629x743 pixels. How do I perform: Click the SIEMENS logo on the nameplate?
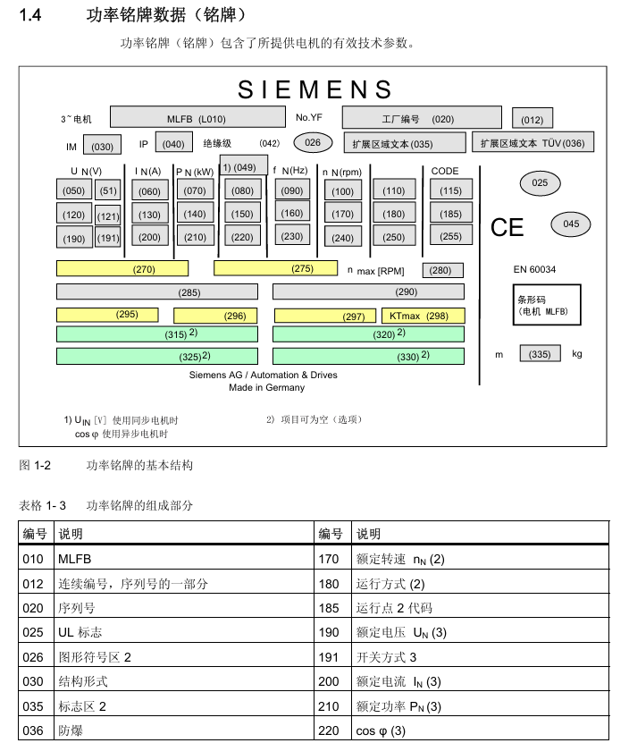(x=314, y=89)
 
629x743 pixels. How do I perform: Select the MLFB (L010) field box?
(x=197, y=118)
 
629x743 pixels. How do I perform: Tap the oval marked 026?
(x=313, y=142)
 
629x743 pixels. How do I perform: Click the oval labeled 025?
(x=540, y=183)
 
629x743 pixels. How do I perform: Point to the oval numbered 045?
(x=571, y=224)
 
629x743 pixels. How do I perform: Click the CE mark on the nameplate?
(x=507, y=228)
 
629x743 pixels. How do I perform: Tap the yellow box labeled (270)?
(x=122, y=268)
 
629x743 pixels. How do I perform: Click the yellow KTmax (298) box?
(x=424, y=316)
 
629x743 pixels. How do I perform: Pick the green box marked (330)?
(x=368, y=356)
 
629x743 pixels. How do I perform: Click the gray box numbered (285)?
(x=157, y=291)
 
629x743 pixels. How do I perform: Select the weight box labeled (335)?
(x=540, y=354)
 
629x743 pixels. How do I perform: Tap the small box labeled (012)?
(x=532, y=119)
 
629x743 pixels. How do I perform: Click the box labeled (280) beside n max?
(x=442, y=270)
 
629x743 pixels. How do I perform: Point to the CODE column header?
(x=445, y=171)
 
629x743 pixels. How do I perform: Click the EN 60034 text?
(x=534, y=269)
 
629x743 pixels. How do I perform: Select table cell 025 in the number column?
(x=33, y=633)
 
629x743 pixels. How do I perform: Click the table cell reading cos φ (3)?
(x=381, y=730)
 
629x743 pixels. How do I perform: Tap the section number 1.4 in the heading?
(x=31, y=16)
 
